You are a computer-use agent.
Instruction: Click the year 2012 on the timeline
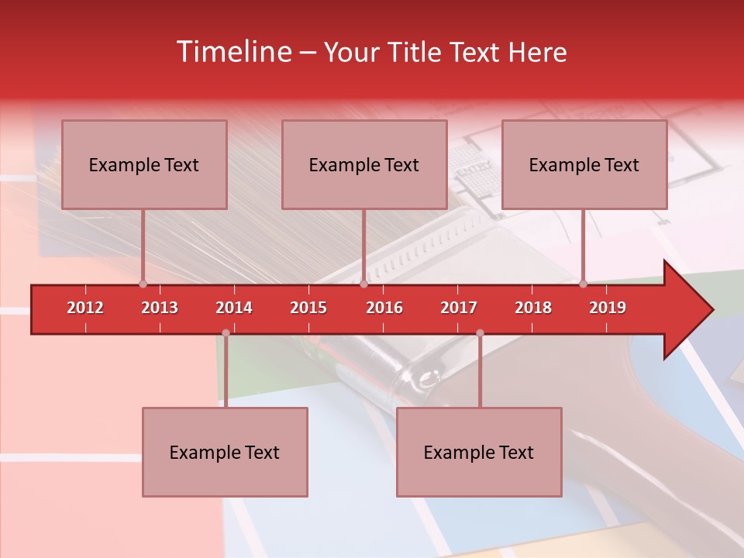(85, 308)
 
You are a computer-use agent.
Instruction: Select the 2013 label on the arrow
(160, 308)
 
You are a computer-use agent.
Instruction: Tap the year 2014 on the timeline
(234, 308)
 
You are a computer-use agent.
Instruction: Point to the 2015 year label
(308, 308)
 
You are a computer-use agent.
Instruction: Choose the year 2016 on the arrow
(384, 308)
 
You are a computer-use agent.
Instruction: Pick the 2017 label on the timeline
(459, 308)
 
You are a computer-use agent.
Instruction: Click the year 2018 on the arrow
(533, 308)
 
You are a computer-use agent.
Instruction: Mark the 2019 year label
(608, 308)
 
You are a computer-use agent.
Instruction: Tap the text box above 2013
(144, 164)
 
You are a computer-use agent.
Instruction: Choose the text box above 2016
(364, 164)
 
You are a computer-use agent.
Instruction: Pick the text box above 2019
(584, 164)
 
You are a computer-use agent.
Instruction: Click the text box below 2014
(225, 452)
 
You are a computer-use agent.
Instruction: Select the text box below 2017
(479, 452)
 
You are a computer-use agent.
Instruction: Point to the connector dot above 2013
(143, 284)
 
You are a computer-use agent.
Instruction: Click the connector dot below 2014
(226, 333)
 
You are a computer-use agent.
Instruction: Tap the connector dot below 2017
(480, 333)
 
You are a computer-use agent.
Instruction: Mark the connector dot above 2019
(583, 284)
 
